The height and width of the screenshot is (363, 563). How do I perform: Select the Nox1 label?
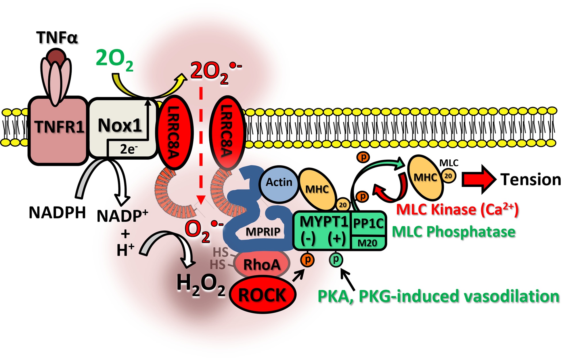(x=120, y=125)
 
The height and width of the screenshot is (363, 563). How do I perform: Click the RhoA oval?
(x=262, y=264)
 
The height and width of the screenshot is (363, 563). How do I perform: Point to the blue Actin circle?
(x=278, y=182)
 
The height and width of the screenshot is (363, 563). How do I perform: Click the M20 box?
(x=367, y=243)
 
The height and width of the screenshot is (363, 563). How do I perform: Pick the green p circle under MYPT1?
(x=336, y=260)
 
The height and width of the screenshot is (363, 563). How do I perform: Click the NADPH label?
(x=57, y=213)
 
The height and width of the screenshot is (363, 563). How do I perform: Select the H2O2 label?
(x=200, y=285)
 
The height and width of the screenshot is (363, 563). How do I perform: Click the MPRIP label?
(x=263, y=232)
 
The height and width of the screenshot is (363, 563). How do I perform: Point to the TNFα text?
(x=57, y=37)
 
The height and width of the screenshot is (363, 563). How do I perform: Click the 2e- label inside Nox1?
(x=129, y=149)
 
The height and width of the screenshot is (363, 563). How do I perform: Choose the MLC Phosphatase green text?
(x=453, y=232)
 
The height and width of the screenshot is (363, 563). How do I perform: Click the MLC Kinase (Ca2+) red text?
(x=457, y=209)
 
